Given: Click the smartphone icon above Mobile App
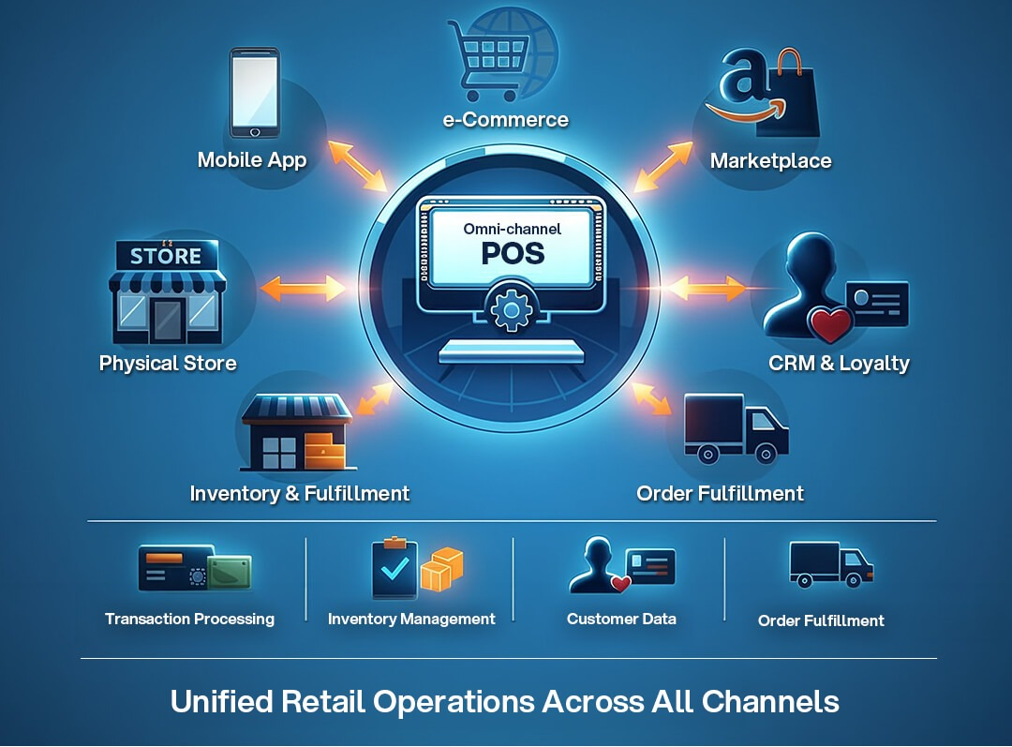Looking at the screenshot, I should (254, 94).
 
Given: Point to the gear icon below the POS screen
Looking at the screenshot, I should (511, 310).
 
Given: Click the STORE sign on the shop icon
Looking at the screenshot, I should (166, 256).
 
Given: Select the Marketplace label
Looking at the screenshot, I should (770, 161).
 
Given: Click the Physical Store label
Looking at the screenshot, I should (168, 363).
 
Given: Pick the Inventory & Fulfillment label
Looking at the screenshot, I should (299, 493).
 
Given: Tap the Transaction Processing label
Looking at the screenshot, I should (189, 619).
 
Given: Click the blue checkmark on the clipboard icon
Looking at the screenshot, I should (394, 567).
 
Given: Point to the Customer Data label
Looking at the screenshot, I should (621, 619).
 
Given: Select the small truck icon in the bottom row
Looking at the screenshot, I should (830, 564).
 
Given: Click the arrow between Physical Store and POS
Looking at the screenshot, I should (301, 288).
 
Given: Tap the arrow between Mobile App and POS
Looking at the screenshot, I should (357, 164).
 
